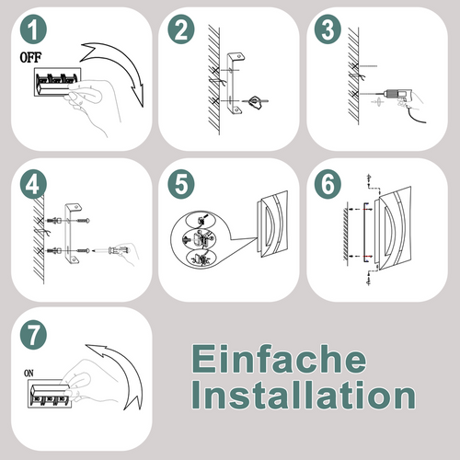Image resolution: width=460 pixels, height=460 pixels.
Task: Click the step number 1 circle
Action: click(x=34, y=32)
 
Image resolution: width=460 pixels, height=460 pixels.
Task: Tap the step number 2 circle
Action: click(x=181, y=32)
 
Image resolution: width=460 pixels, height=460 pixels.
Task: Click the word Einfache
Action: click(x=278, y=358)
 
